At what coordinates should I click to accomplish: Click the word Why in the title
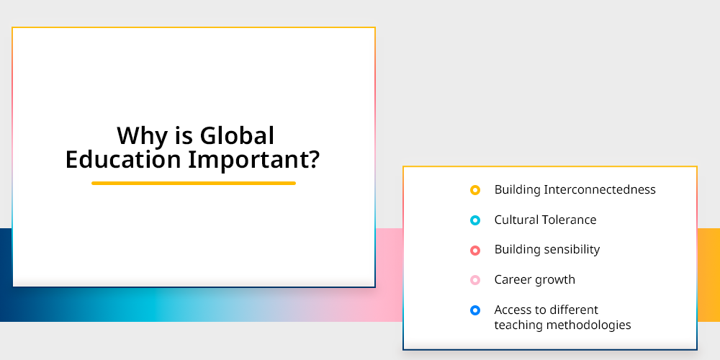[142, 137]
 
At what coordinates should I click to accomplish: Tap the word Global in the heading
[237, 135]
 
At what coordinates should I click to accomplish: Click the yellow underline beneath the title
[193, 183]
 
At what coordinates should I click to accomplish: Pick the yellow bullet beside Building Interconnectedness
[475, 189]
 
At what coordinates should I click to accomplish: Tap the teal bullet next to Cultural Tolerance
[475, 220]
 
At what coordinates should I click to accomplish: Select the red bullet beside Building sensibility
[475, 251]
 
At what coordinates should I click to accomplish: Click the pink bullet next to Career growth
[475, 280]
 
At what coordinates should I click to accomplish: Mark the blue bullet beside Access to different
[475, 310]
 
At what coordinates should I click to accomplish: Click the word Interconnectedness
[600, 189]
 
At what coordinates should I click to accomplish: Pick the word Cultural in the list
[516, 220]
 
